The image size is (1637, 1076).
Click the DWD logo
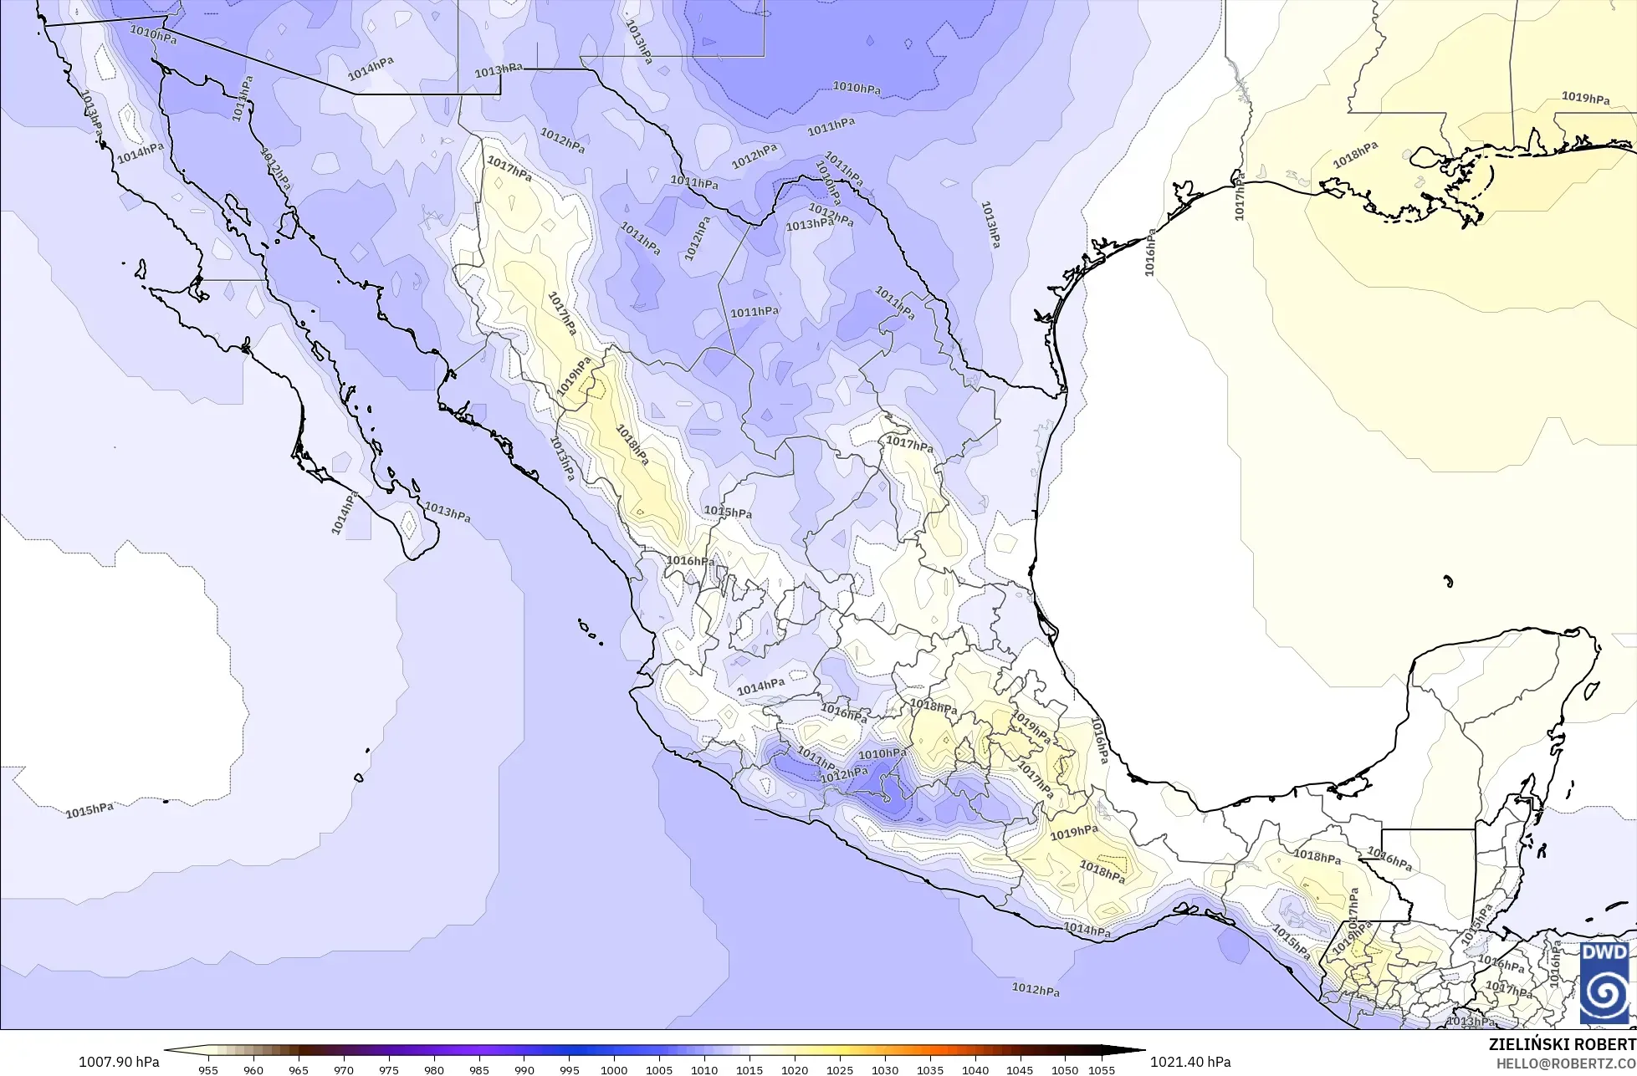pyautogui.click(x=1604, y=982)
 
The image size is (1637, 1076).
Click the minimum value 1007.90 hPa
pyautogui.click(x=119, y=1062)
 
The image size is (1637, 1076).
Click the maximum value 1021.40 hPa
pyautogui.click(x=1190, y=1062)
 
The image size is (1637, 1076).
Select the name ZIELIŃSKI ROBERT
pyautogui.click(x=1562, y=1044)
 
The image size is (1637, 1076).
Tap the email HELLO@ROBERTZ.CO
pyautogui.click(x=1566, y=1063)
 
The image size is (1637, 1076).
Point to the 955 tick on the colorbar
pyautogui.click(x=208, y=1069)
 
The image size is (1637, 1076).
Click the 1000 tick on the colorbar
pyautogui.click(x=614, y=1069)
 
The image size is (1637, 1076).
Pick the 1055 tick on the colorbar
pyautogui.click(x=1102, y=1069)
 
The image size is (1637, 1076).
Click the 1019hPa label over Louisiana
pyautogui.click(x=1585, y=98)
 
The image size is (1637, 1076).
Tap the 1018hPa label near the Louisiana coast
pyautogui.click(x=1355, y=155)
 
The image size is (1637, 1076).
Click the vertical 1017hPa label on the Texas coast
pyautogui.click(x=1240, y=199)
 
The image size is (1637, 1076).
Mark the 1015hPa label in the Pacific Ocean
pyautogui.click(x=90, y=810)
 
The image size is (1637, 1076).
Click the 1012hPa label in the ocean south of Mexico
pyautogui.click(x=1036, y=989)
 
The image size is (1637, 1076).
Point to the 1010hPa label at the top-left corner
pyautogui.click(x=153, y=34)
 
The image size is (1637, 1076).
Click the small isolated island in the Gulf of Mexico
pyautogui.click(x=1448, y=581)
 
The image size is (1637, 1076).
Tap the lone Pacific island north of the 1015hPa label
pyautogui.click(x=359, y=778)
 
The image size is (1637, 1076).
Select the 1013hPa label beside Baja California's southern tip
pyautogui.click(x=447, y=512)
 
